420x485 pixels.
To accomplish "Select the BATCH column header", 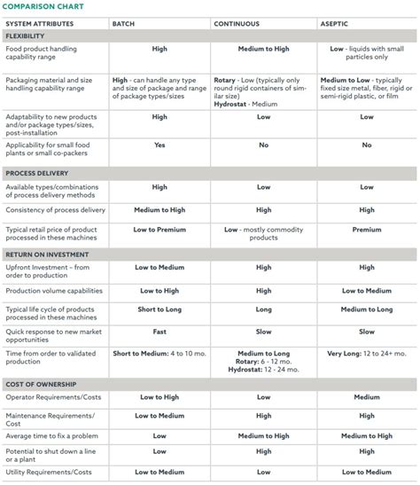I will (x=123, y=23).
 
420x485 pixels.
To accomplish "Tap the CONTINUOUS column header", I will (x=237, y=23).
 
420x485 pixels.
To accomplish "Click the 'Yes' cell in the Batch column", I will (x=159, y=145).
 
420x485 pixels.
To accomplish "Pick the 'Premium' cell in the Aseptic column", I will (x=367, y=230).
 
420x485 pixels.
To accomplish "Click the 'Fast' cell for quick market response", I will (x=159, y=332).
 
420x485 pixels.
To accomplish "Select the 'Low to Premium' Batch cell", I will (x=159, y=230).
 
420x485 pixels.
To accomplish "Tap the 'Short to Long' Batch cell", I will (x=159, y=309).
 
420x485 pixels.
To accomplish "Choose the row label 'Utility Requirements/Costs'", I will (x=49, y=473).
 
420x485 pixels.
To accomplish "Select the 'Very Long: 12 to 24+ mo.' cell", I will (x=367, y=353).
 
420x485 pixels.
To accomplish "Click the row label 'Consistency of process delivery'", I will (x=55, y=210).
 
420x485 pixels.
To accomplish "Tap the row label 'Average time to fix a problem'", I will (x=52, y=435).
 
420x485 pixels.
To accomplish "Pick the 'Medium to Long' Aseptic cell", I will (x=367, y=309).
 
